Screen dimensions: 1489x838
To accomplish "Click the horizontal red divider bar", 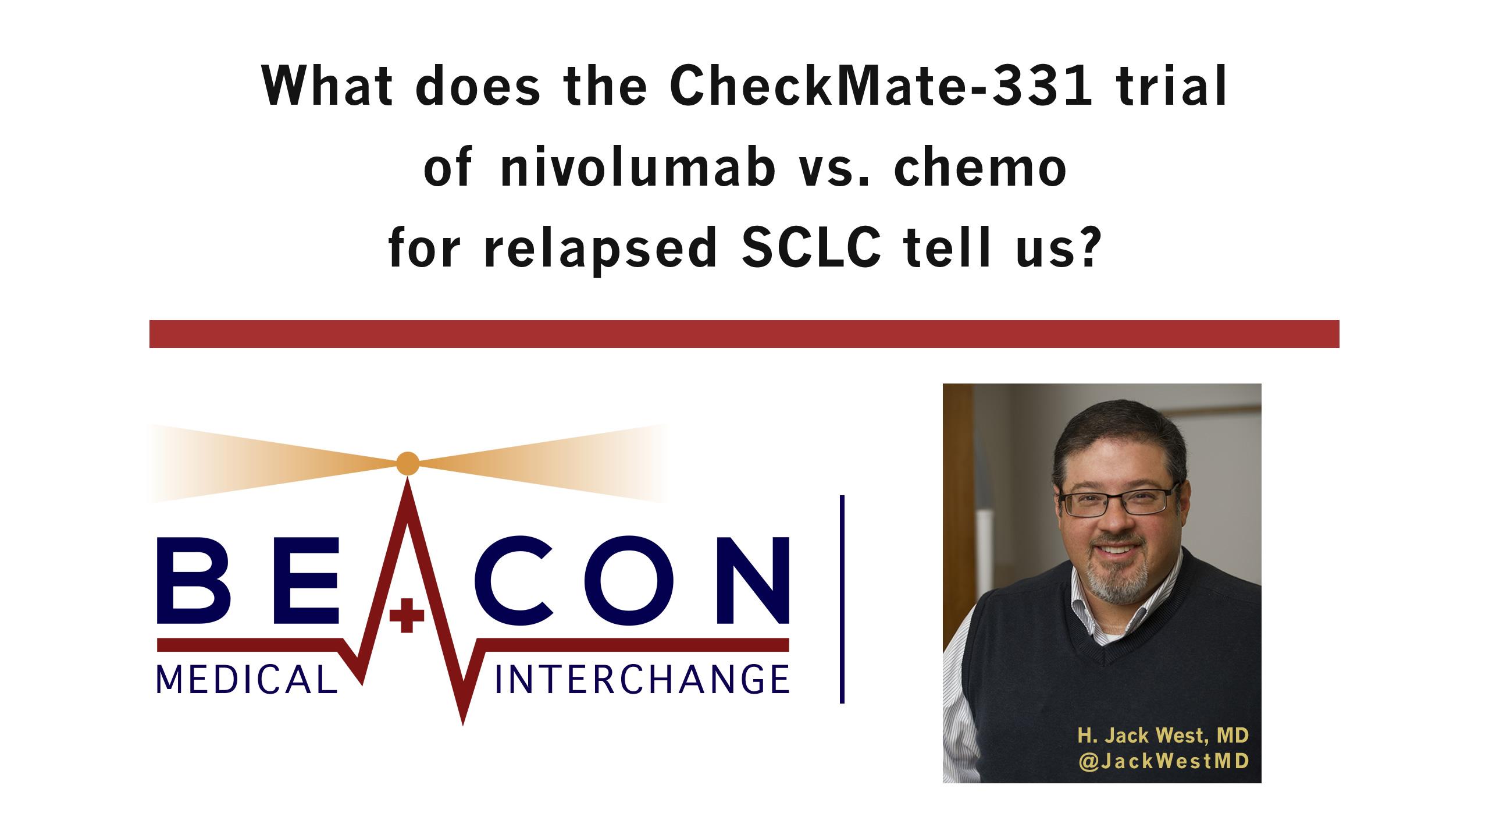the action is click(744, 334).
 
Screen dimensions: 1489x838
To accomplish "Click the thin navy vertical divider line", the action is click(842, 599).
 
